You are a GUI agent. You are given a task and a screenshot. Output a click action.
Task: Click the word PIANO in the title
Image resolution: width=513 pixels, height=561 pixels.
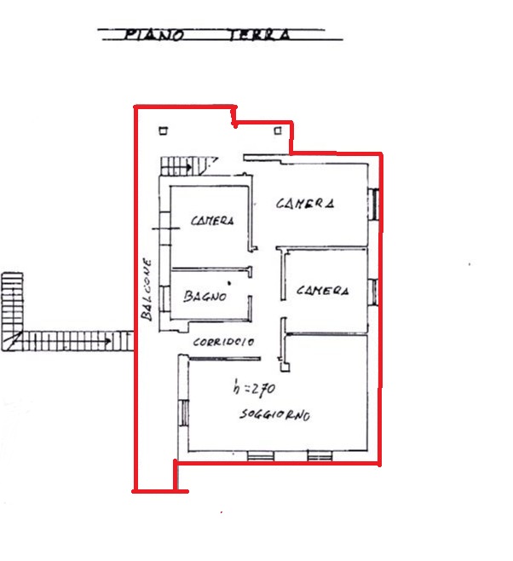pyautogui.click(x=154, y=35)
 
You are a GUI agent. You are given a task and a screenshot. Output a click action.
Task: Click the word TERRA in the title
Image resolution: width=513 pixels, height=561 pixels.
pyautogui.click(x=260, y=35)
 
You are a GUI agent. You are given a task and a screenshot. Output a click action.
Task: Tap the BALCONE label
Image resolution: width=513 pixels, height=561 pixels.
pyautogui.click(x=147, y=289)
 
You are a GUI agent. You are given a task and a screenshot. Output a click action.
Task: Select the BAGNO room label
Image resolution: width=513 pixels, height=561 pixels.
pyautogui.click(x=205, y=296)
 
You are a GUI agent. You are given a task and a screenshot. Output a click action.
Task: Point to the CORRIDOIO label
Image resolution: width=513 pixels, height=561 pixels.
pyautogui.click(x=223, y=342)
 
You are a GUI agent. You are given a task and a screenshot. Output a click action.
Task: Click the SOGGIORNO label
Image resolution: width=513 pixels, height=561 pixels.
pyautogui.click(x=274, y=414)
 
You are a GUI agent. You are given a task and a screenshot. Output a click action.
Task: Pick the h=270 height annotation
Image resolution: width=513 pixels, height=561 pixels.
pyautogui.click(x=254, y=388)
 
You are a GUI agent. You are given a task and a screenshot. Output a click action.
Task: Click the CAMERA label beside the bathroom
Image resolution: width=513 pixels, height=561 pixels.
pyautogui.click(x=212, y=220)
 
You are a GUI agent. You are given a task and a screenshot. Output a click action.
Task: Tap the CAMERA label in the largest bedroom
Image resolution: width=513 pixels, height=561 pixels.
pyautogui.click(x=305, y=203)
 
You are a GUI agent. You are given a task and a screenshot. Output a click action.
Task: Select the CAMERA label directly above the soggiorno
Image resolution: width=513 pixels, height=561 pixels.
pyautogui.click(x=322, y=290)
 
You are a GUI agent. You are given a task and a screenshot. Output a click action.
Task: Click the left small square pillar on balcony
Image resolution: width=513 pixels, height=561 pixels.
pyautogui.click(x=164, y=131)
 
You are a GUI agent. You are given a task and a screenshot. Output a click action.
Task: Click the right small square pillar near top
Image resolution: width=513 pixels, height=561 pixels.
pyautogui.click(x=278, y=131)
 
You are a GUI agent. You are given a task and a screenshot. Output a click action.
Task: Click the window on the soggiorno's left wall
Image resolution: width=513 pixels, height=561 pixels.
pyautogui.click(x=184, y=413)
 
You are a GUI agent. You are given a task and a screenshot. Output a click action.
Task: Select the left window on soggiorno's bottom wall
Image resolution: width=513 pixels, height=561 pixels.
pyautogui.click(x=261, y=455)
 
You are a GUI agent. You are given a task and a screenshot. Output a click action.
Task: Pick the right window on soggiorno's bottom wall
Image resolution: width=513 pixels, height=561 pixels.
pyautogui.click(x=320, y=455)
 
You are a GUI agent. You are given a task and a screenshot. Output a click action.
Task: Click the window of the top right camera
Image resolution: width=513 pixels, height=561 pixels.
pyautogui.click(x=373, y=205)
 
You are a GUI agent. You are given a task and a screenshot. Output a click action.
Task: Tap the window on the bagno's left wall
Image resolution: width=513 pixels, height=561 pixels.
pyautogui.click(x=164, y=298)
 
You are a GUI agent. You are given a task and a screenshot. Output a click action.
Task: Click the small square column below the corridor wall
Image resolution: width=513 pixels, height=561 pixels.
pyautogui.click(x=285, y=367)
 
